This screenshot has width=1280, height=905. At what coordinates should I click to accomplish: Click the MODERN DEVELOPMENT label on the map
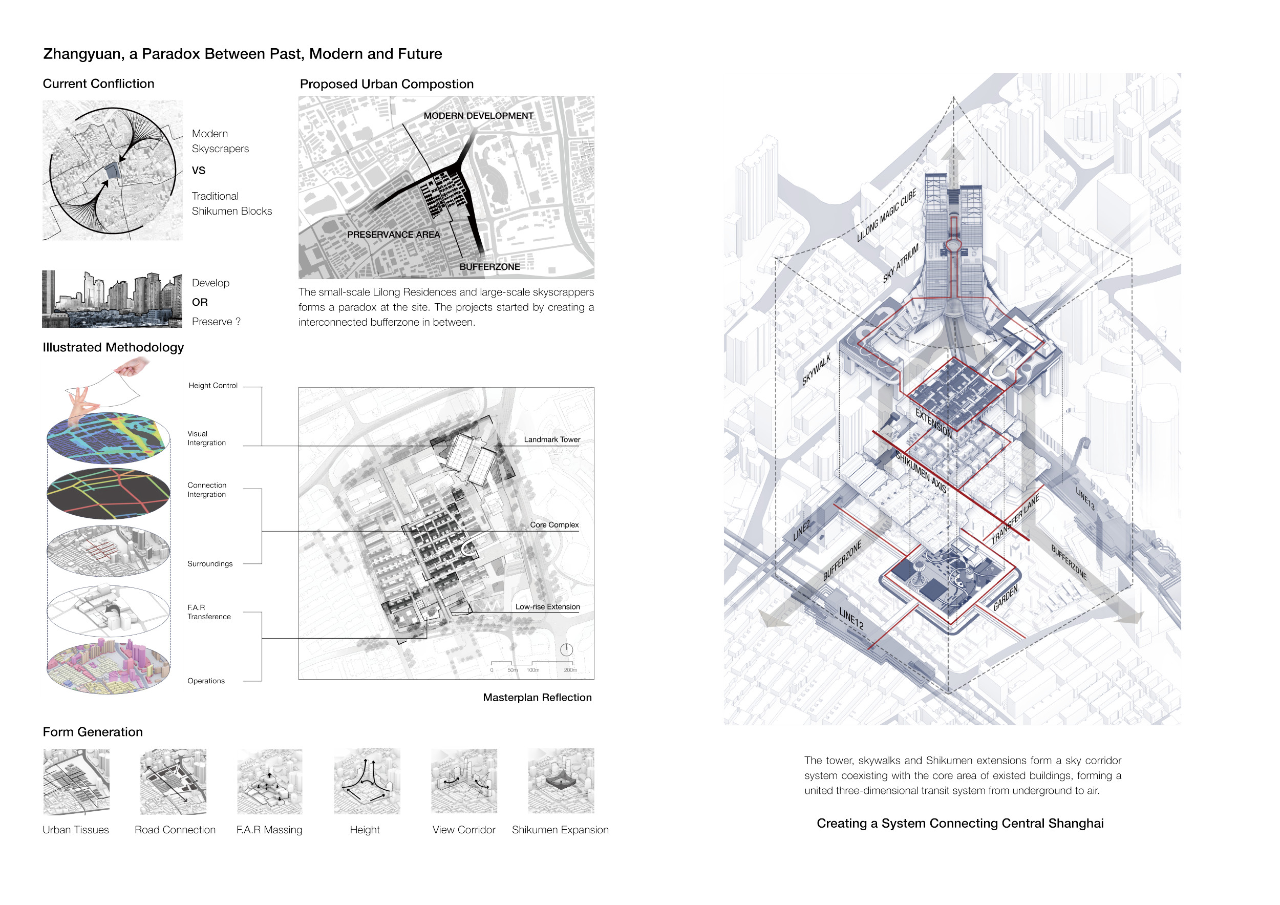pos(478,115)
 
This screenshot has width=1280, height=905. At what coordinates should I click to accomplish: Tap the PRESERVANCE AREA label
pos(393,235)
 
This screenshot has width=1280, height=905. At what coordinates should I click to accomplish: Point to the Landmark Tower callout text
pos(551,439)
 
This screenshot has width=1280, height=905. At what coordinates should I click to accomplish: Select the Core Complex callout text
pos(553,524)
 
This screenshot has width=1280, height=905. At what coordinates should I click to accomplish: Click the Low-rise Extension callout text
pos(547,607)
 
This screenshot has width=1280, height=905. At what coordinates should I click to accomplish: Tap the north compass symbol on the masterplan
pos(566,649)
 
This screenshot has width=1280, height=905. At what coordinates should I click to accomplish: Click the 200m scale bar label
pos(570,670)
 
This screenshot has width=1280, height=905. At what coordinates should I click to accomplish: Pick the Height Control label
pos(212,385)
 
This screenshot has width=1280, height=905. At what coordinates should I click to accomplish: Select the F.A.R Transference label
pos(208,612)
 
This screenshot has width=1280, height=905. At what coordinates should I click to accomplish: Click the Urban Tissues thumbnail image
pos(76,781)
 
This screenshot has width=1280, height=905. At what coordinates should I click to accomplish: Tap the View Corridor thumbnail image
pos(464,781)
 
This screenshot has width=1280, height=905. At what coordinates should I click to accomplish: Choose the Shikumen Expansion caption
pos(560,830)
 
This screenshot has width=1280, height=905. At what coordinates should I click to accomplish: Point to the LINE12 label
pos(851,619)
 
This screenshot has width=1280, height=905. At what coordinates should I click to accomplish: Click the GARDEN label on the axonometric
pos(1005,598)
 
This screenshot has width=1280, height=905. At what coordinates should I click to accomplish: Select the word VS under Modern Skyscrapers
pos(199,171)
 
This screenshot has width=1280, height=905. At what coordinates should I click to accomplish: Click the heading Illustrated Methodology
pos(113,347)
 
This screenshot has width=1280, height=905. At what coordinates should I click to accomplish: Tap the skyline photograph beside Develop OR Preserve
pos(112,299)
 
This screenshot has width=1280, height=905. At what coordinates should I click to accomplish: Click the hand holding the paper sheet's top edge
pos(132,366)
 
